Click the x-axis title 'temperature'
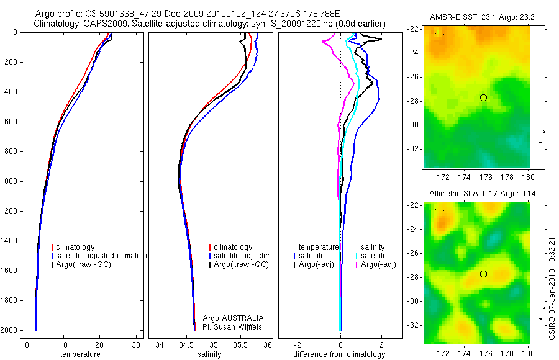(x=80, y=354)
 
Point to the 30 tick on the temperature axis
(x=136, y=344)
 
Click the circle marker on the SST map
(x=483, y=98)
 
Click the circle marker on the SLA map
(x=483, y=274)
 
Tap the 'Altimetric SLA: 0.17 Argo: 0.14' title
(x=476, y=194)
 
